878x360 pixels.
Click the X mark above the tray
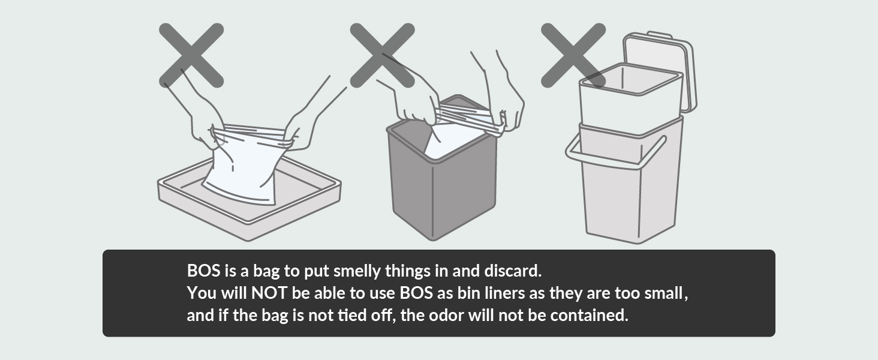[x=191, y=55]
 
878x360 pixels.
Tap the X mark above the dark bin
[x=382, y=55]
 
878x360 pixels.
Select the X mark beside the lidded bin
[x=573, y=55]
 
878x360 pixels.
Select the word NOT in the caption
[x=269, y=293]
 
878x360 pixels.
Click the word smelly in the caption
[x=357, y=271]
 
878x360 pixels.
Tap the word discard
[x=513, y=271]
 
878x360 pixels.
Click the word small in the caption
[x=664, y=293]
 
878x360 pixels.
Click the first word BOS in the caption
[x=204, y=271]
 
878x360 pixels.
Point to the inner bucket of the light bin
[x=630, y=98]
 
